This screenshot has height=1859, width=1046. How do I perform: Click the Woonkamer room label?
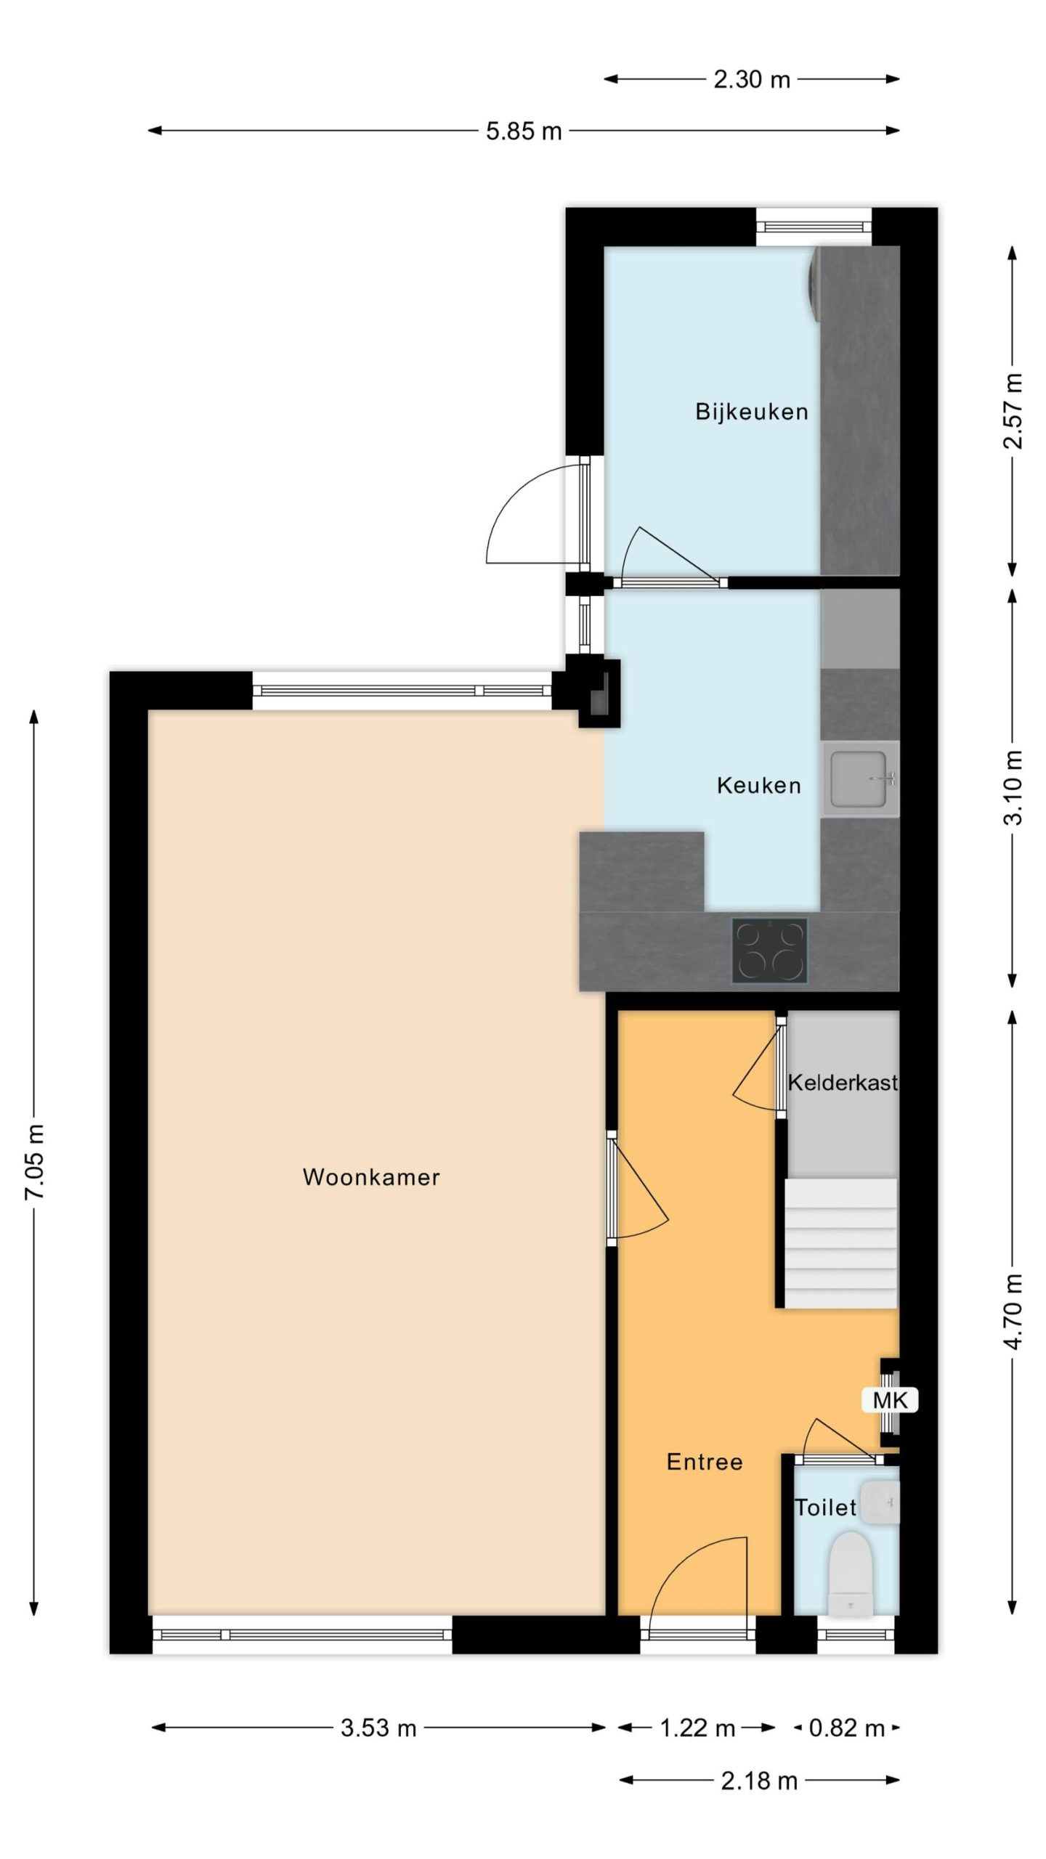(371, 1177)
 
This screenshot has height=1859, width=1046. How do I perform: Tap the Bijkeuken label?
(752, 412)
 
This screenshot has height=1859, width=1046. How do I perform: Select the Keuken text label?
(759, 785)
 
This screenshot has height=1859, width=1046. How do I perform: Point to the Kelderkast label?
(843, 1083)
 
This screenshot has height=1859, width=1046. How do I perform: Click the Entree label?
(705, 1462)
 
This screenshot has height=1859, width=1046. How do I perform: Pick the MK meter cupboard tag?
(890, 1400)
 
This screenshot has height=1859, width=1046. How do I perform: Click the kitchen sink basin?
(860, 779)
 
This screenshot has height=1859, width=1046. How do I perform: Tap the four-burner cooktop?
(769, 951)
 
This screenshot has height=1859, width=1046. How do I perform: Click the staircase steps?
(841, 1244)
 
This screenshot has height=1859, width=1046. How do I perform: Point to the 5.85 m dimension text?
(524, 131)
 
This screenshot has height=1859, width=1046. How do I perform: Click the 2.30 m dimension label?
(752, 79)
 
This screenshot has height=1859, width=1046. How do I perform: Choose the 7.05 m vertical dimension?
(35, 1162)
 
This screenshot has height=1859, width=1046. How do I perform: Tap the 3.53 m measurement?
(378, 1728)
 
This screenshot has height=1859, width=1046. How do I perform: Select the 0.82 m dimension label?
(847, 1728)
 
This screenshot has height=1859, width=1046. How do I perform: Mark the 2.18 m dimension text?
(759, 1780)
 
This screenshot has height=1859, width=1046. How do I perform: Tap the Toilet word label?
(825, 1508)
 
